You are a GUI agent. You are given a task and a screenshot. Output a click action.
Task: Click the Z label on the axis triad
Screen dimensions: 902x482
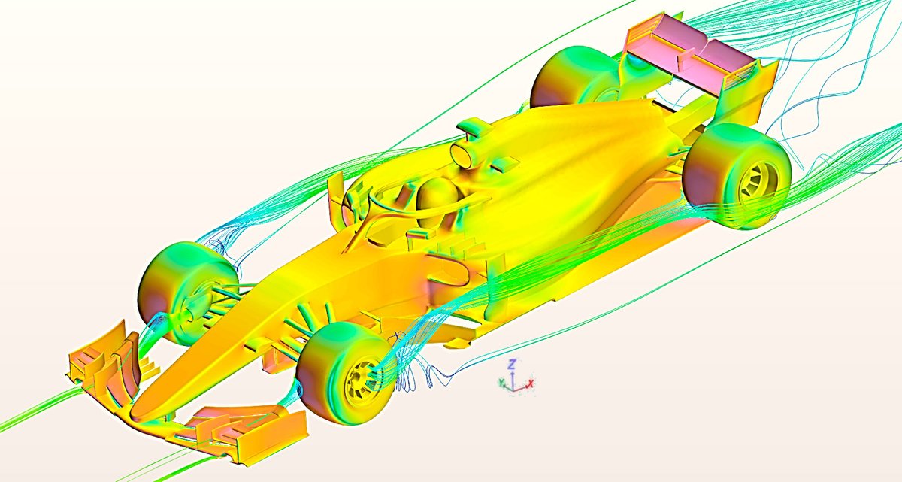[x=511, y=365]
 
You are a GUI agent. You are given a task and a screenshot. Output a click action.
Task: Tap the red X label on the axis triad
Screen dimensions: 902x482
[x=531, y=383]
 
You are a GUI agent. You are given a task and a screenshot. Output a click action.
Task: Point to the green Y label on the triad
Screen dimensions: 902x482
[x=502, y=383]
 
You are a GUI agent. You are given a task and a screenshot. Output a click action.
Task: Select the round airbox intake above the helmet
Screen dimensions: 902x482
[x=462, y=155]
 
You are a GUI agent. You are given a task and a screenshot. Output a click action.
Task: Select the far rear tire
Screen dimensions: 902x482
[x=576, y=77]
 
